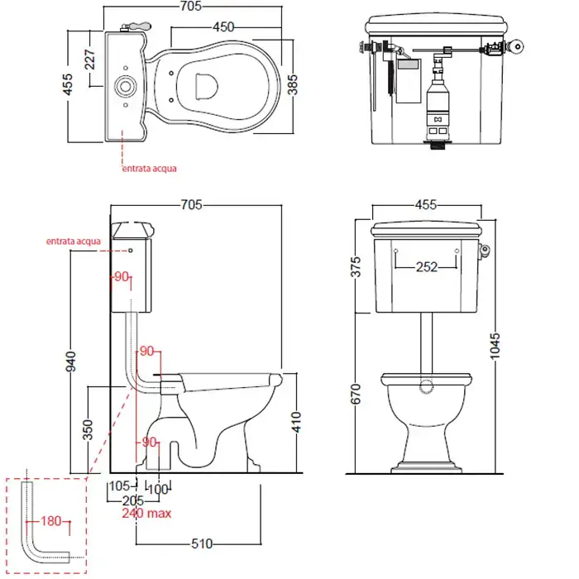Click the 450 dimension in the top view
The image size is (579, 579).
point(223,27)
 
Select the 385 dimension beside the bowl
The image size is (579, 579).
point(292,84)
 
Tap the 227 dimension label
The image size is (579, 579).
point(89,60)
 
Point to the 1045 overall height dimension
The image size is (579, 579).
point(495,346)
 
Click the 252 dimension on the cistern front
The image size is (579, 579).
point(427,267)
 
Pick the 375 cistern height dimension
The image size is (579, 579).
point(355,267)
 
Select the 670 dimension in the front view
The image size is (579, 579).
point(355,394)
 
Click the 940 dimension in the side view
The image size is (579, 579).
point(70,361)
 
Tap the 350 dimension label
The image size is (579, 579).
point(88,429)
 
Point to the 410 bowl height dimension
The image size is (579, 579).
point(296,423)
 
